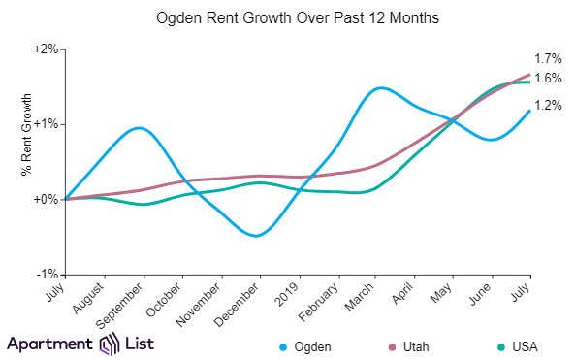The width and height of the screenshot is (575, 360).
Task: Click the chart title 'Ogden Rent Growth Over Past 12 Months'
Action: pos(287,17)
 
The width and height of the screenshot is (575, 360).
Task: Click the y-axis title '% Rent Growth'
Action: pos(26,134)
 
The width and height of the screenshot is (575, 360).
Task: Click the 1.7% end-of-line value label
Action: pos(547,59)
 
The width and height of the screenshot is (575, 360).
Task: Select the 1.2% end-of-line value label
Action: pos(547,105)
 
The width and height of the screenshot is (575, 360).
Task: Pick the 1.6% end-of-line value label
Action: pos(547,79)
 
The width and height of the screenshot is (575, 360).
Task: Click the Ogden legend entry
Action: pos(308,345)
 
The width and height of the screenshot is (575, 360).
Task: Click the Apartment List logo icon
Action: pos(109,344)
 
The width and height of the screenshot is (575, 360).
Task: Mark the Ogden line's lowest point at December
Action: pos(254,236)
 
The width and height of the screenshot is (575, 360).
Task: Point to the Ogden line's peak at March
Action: pos(379,88)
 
